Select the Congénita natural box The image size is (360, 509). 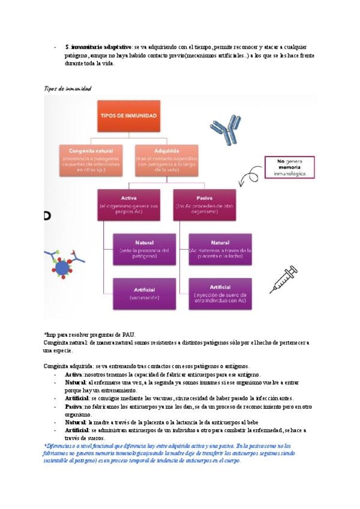click(x=89, y=160)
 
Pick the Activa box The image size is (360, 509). click(x=128, y=205)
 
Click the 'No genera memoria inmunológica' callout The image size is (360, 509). click(x=290, y=167)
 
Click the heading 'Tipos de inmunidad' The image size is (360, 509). click(x=67, y=89)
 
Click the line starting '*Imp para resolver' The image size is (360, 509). click(x=89, y=335)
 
